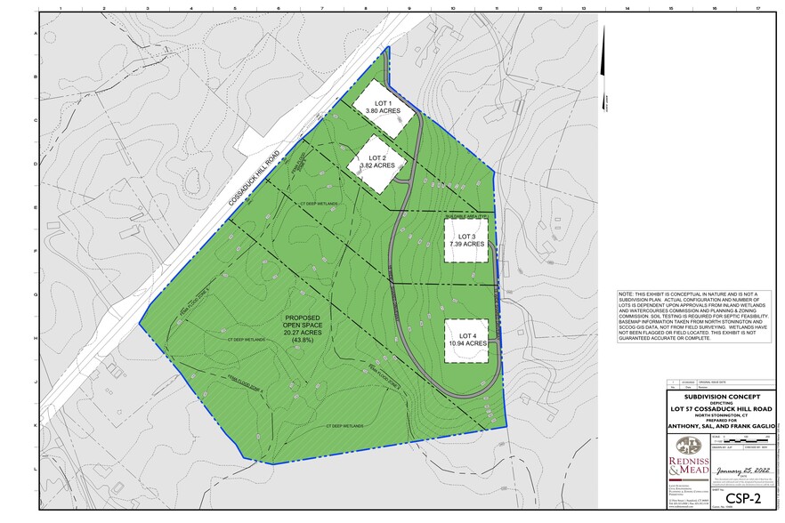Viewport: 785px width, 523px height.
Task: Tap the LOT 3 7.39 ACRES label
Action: pos(466,239)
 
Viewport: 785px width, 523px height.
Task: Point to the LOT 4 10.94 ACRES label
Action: pos(466,339)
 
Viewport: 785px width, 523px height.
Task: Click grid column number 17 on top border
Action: pos(757,7)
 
